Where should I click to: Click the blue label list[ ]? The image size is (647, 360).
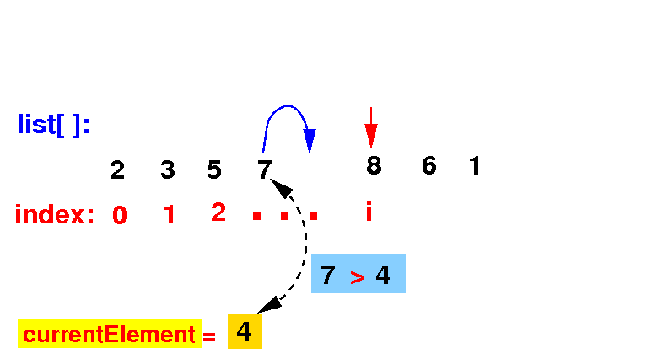coord(53,125)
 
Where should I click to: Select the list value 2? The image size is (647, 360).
coord(117,170)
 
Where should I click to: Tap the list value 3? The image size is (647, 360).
coord(168,170)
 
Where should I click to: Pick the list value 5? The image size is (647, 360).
coord(214,170)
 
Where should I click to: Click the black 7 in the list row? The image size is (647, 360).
coord(265,170)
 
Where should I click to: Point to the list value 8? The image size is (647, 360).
coord(374,166)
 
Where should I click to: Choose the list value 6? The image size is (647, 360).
coord(429,166)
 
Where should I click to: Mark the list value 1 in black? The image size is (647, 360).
coord(475,166)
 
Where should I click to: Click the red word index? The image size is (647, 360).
coord(55,215)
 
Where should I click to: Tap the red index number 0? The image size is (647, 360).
coord(120,216)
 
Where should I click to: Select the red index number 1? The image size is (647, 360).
coord(170,216)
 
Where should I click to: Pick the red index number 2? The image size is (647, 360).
coord(218,212)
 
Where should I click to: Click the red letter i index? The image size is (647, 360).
coord(369,212)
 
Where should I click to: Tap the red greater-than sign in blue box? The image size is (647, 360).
coord(357,277)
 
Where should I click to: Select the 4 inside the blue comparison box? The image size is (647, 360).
coord(383,275)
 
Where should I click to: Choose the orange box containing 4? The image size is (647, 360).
coord(245,332)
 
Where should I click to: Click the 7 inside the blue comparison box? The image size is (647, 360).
coord(328,275)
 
